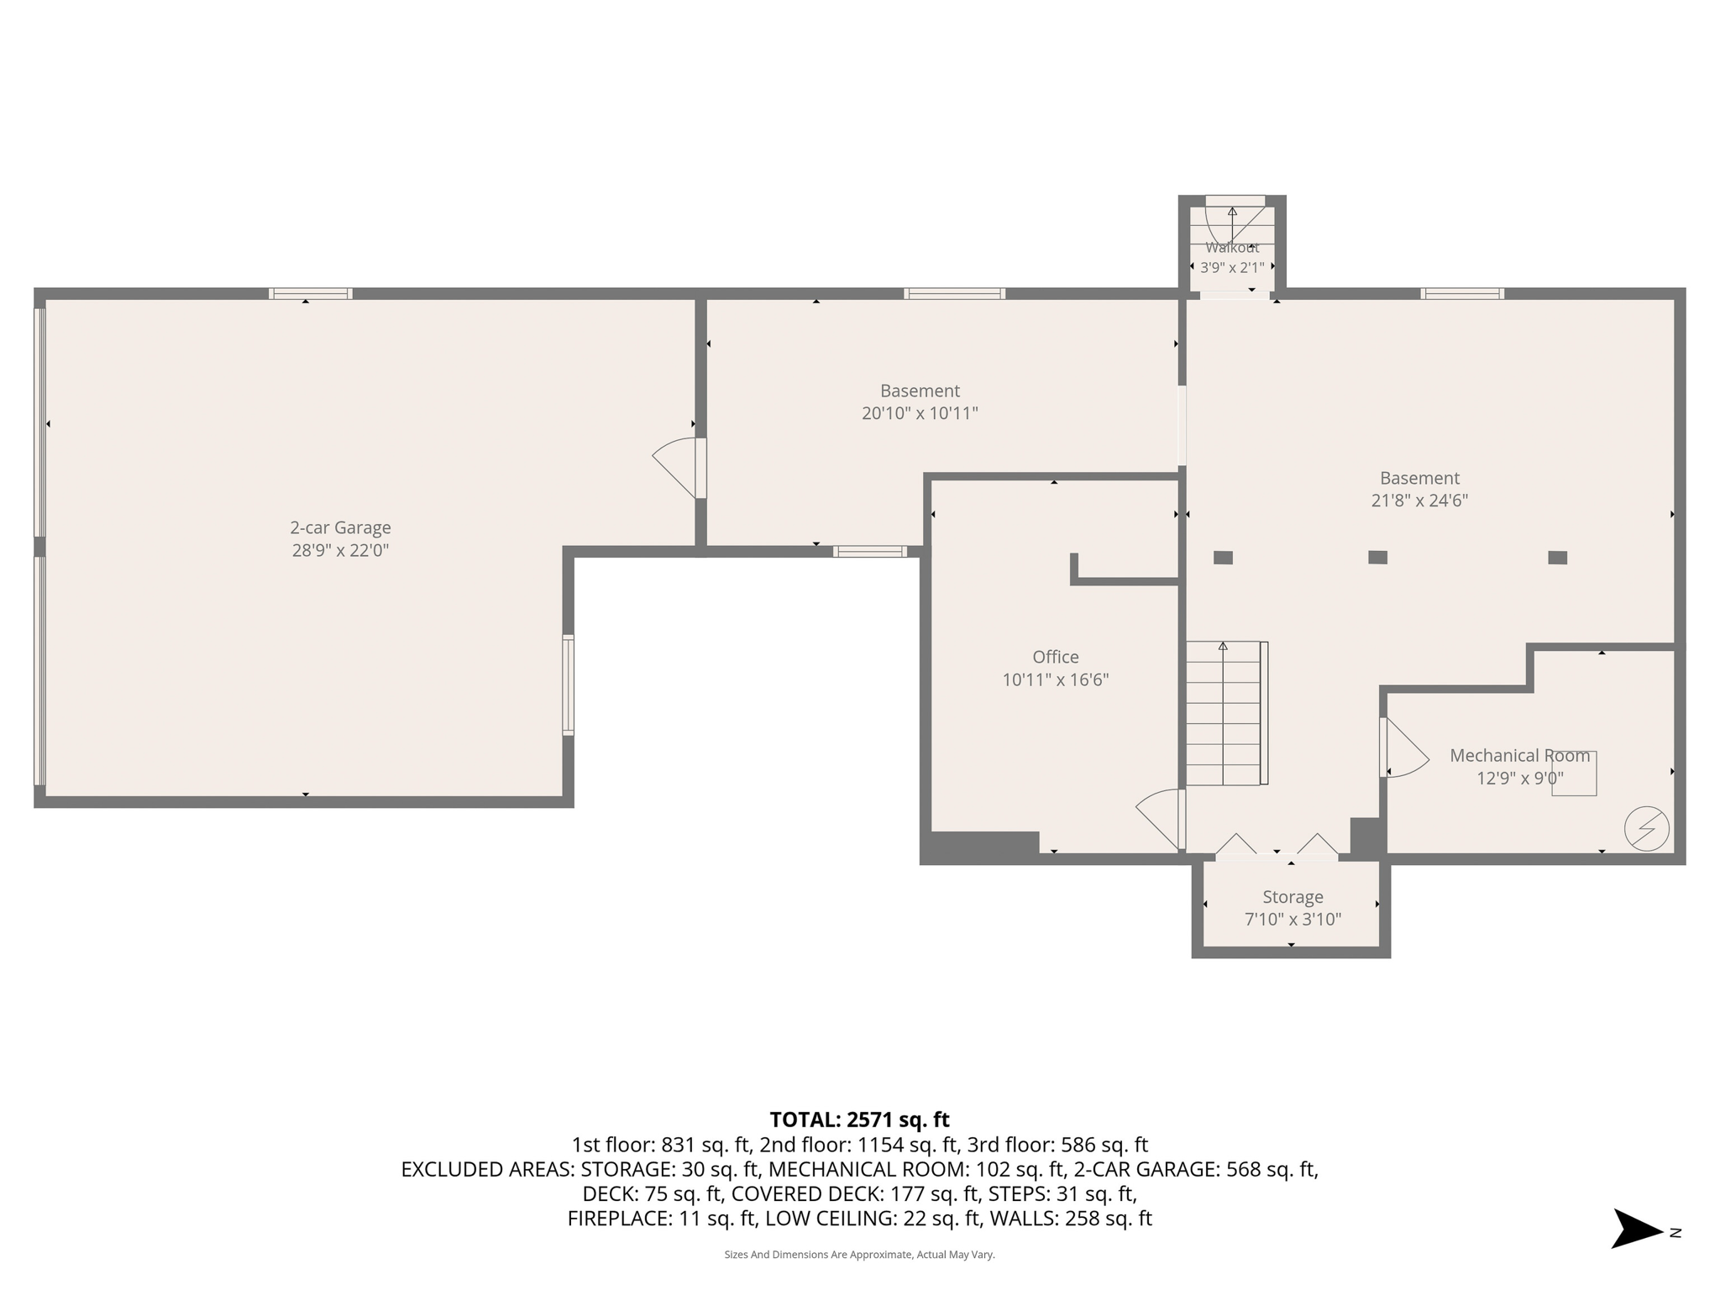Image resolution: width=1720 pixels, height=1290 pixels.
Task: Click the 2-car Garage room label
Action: click(x=340, y=527)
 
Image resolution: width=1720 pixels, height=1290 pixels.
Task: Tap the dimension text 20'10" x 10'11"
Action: click(x=920, y=413)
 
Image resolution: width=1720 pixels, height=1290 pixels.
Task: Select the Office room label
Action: click(x=1055, y=657)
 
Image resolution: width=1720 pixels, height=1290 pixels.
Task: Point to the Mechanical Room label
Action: click(x=1519, y=755)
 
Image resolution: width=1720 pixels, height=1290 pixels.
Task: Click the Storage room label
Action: click(x=1292, y=897)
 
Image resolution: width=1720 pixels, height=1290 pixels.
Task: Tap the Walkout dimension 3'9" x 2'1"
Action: click(x=1231, y=268)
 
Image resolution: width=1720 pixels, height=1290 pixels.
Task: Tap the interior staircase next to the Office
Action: click(x=1224, y=714)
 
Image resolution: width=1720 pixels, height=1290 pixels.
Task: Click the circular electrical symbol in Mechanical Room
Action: click(x=1646, y=829)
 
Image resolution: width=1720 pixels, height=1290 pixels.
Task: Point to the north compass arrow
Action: click(x=1636, y=1229)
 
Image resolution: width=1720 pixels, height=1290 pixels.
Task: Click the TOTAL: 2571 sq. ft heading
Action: click(x=859, y=1120)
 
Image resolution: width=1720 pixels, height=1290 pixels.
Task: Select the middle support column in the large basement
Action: click(x=1377, y=557)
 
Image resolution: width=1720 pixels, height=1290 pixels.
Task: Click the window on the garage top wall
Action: click(x=310, y=294)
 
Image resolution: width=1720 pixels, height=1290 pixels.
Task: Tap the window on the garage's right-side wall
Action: click(x=568, y=685)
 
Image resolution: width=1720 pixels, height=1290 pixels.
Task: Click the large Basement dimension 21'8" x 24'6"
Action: click(x=1418, y=501)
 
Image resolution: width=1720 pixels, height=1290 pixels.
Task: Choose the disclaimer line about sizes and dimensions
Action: click(x=859, y=1255)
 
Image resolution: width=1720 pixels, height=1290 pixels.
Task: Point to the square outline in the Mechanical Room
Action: click(x=1574, y=773)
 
